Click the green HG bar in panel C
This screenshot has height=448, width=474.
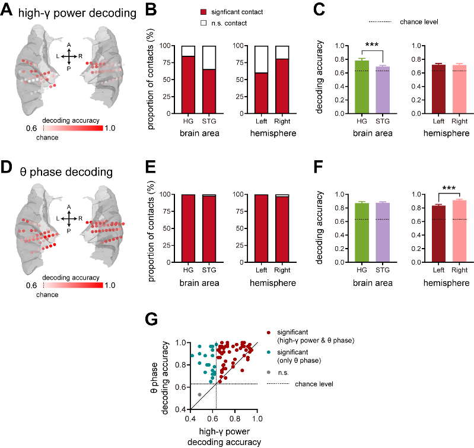361,87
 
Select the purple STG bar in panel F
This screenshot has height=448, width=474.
383,233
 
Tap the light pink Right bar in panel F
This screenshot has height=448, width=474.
460,231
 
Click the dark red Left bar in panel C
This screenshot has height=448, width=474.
438,89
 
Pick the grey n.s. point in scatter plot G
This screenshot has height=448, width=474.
199,395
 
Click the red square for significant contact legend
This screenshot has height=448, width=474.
203,12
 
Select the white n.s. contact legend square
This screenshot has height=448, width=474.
203,23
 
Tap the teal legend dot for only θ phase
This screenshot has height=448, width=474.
268,352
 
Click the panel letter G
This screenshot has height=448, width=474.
151,319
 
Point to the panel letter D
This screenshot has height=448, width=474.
6,167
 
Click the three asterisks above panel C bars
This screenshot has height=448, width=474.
372,45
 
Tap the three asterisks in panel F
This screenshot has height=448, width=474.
449,188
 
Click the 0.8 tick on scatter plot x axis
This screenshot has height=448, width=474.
235,419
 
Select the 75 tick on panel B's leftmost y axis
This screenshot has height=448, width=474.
167,62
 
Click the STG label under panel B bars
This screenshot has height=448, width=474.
209,121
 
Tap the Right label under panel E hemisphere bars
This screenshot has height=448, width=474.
282,270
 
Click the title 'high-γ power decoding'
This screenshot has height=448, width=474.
77,13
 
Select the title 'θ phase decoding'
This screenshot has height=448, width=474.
66,172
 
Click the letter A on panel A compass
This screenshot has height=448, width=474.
69,45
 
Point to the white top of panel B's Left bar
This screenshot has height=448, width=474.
261,59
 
